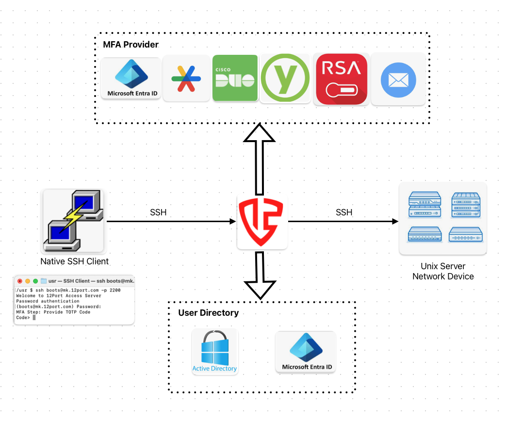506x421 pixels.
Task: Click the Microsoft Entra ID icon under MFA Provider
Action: tap(131, 78)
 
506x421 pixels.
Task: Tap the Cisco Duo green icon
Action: tap(235, 78)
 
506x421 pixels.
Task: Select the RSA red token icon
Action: tap(341, 79)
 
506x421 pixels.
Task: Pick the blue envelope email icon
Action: tap(398, 79)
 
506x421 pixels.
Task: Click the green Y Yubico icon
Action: tap(285, 78)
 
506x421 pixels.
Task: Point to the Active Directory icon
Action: tap(214, 352)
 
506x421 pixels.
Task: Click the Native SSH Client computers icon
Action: tap(73, 221)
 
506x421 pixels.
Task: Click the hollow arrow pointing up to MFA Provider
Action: tap(260, 158)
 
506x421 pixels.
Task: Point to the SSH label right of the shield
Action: tap(344, 212)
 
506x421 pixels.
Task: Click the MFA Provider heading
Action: tap(131, 45)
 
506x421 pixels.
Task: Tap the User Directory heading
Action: tap(209, 313)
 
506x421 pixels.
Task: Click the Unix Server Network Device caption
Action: tap(443, 272)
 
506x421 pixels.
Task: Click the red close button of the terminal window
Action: tap(20, 281)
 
